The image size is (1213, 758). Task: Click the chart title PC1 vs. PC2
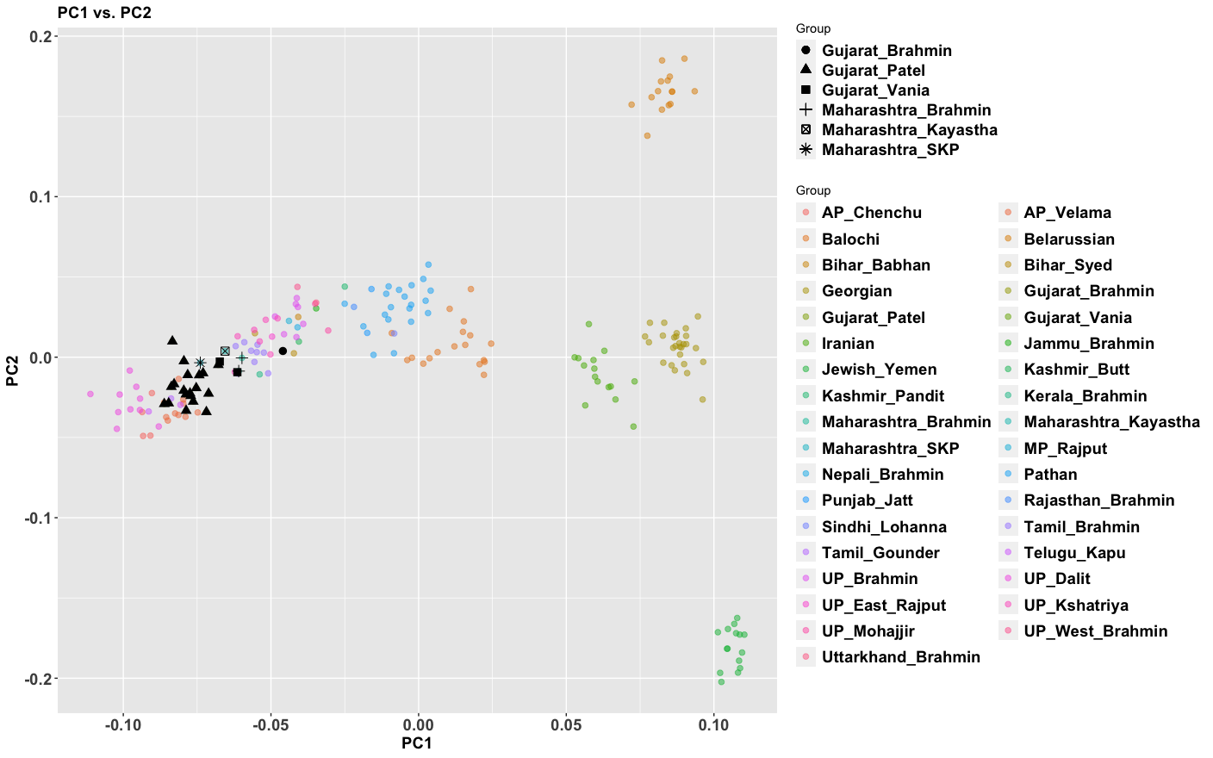click(104, 13)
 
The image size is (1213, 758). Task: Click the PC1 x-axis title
click(417, 742)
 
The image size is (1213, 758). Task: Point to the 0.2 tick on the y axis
click(40, 36)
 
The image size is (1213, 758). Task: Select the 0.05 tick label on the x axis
click(566, 725)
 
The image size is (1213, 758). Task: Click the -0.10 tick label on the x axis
click(123, 725)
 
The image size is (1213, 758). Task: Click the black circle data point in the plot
click(283, 351)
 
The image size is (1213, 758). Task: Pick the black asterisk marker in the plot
click(200, 363)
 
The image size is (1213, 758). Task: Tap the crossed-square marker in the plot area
click(225, 351)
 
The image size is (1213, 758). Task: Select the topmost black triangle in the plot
click(172, 340)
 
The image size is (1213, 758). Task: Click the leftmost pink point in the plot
click(90, 394)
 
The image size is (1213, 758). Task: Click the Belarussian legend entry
click(1068, 239)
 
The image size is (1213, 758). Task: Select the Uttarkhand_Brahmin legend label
click(900, 657)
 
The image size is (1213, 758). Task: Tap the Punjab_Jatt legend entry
click(867, 500)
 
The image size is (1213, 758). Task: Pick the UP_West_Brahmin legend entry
click(1095, 631)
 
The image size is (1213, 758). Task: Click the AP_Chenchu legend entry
click(871, 213)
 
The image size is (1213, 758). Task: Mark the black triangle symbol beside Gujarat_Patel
click(806, 70)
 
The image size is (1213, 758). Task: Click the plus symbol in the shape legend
click(806, 109)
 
